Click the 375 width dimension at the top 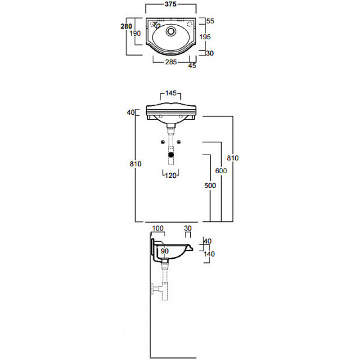point(171,4)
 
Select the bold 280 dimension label point(126,27)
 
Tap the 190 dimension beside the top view point(135,33)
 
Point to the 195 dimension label point(205,37)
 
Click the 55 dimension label point(210,21)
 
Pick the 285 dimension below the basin point(171,62)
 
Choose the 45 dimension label point(192,66)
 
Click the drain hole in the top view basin point(171,31)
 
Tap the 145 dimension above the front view point(171,93)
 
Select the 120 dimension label point(171,175)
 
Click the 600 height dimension point(221,171)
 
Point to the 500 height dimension point(210,185)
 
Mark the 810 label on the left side point(135,164)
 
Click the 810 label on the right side point(233,158)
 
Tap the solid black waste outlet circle point(171,155)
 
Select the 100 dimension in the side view point(158,228)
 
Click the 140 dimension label point(209,254)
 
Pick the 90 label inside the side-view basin point(165,251)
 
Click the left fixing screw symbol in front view point(163,142)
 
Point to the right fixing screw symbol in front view point(179,142)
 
